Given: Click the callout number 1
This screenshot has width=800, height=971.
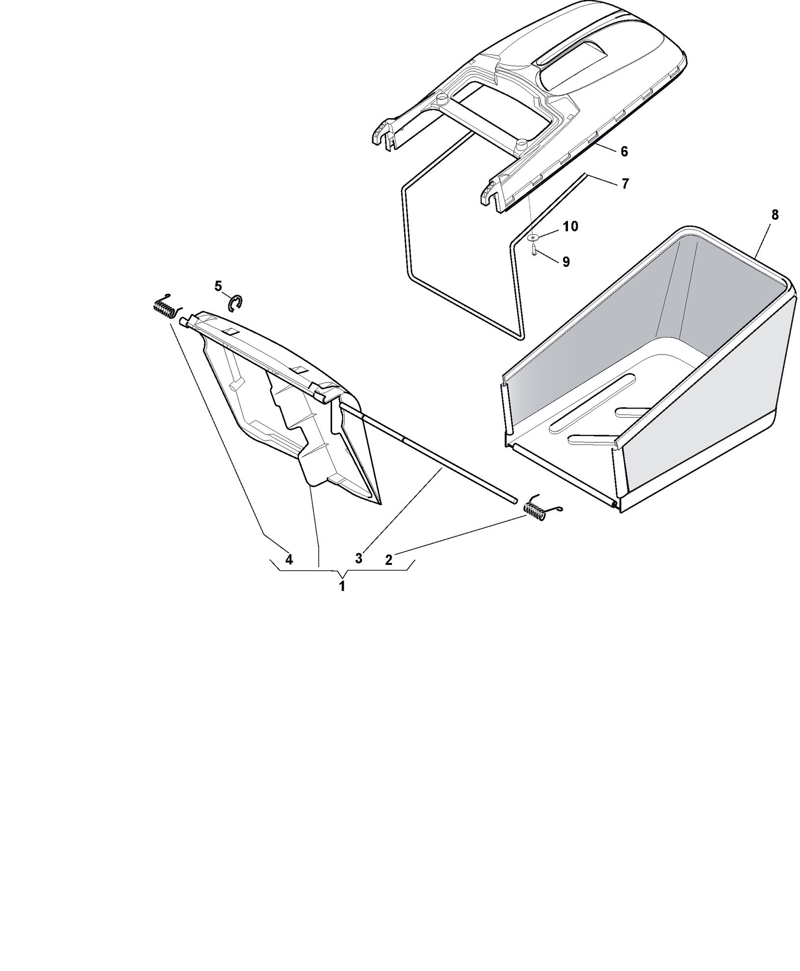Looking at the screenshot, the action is (x=342, y=586).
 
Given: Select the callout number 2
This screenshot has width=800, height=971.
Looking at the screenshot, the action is (x=388, y=560).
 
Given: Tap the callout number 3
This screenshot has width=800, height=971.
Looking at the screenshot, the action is (x=359, y=558).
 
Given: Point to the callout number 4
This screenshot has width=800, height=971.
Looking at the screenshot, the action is (x=289, y=559).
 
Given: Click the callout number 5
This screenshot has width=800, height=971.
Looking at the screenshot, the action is (x=218, y=286).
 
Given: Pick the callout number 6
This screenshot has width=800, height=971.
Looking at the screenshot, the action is (x=624, y=152).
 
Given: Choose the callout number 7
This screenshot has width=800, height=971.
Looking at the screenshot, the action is (x=624, y=184).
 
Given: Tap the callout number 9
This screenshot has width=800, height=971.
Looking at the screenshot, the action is (x=566, y=262).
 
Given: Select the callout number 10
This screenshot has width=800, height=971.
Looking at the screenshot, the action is (x=570, y=226).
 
